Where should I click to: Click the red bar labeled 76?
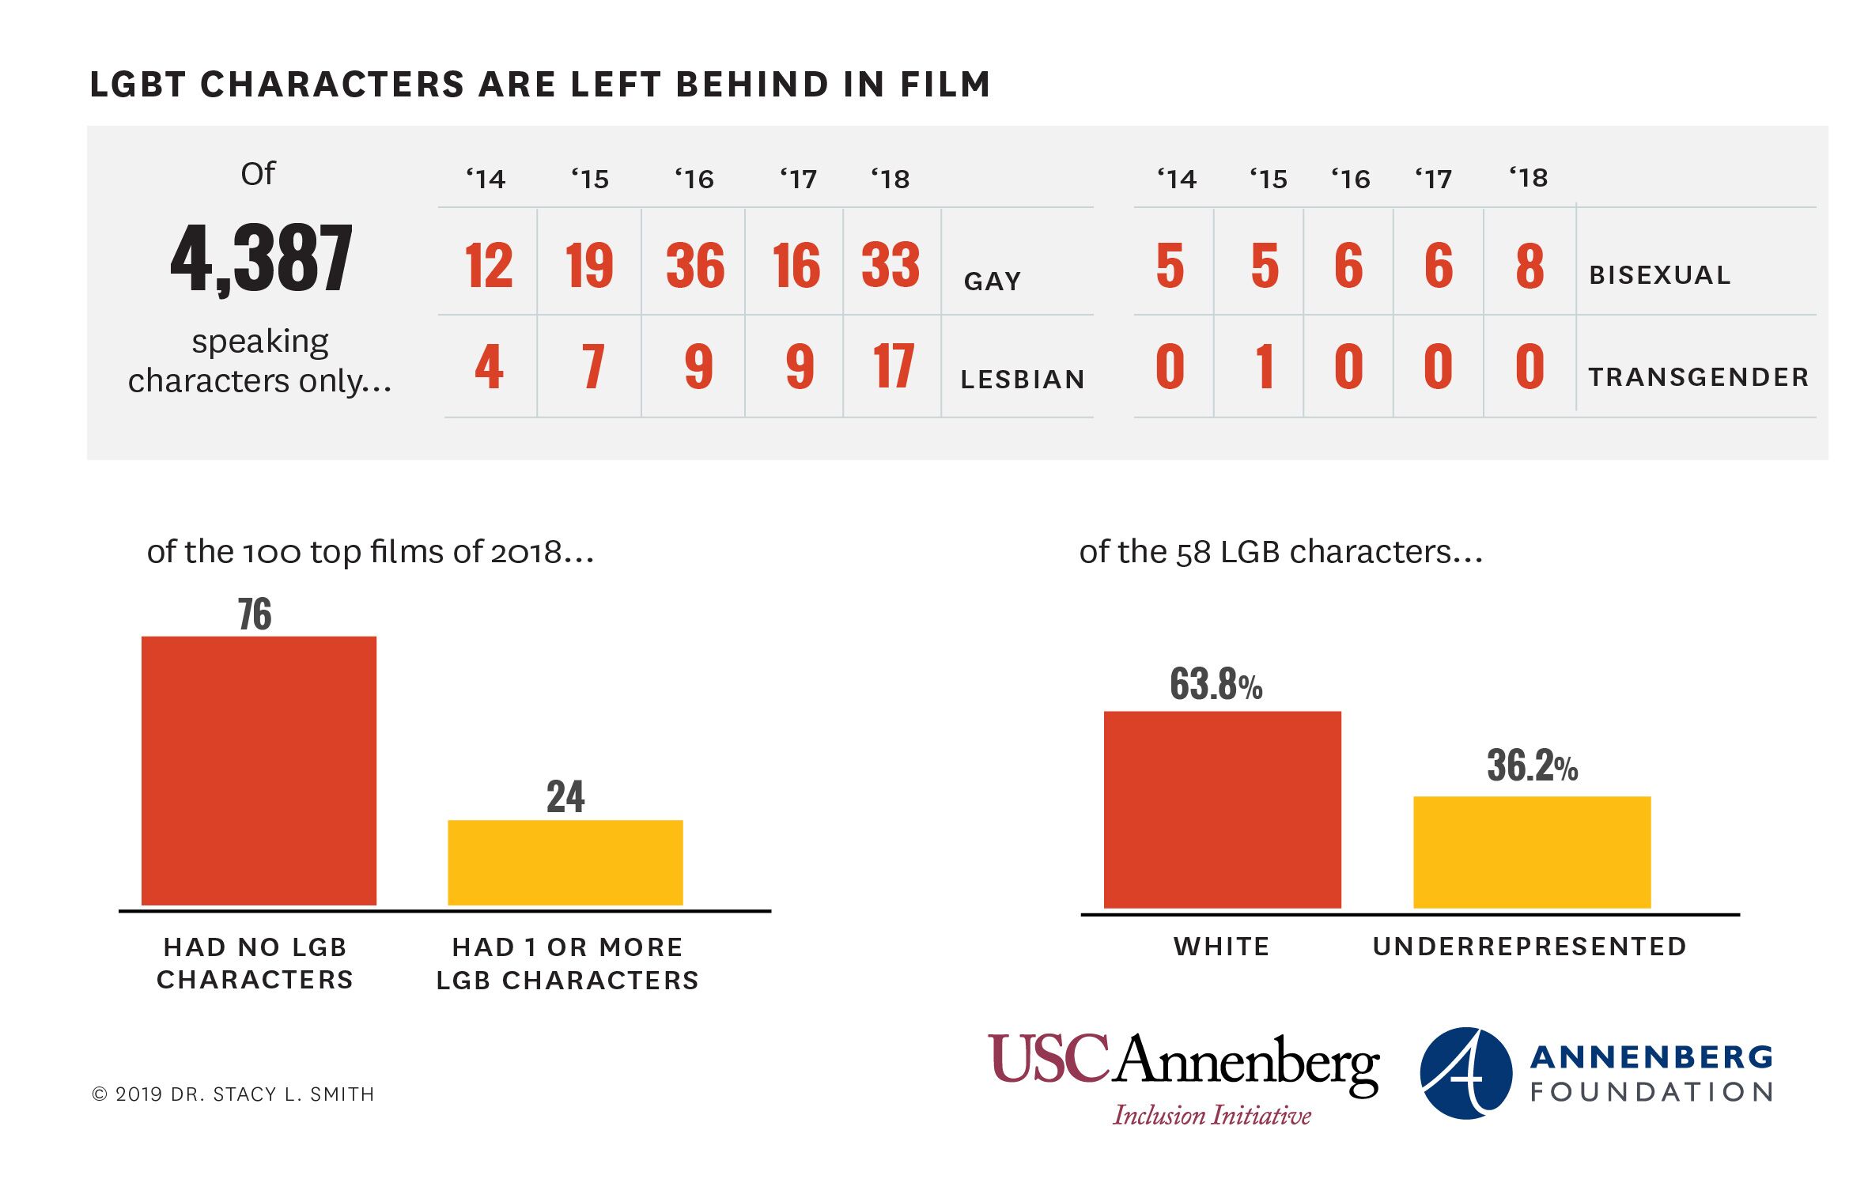(259, 770)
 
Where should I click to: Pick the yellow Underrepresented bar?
(1531, 852)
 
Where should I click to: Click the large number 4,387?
(261, 259)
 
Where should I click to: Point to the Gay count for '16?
(694, 266)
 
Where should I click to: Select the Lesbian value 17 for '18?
(893, 367)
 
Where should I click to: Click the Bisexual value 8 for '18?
(1530, 266)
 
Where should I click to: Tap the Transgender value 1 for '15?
(1265, 367)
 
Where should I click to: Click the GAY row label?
(993, 282)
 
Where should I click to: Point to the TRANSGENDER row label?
(1699, 377)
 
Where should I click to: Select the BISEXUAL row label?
(1660, 275)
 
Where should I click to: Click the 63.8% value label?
(1216, 684)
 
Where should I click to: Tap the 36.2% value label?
(1532, 765)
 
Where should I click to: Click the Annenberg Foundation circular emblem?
(1465, 1073)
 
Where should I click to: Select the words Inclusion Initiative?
(1212, 1115)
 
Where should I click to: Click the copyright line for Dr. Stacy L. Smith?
(233, 1094)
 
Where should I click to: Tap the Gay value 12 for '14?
(488, 266)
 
